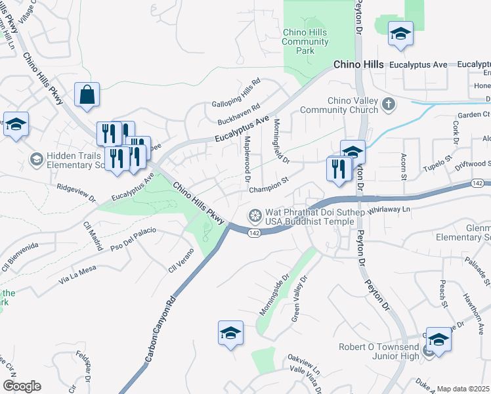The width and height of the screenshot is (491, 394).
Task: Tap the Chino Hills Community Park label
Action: tap(305, 41)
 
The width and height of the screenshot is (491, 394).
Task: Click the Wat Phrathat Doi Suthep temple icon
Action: tap(255, 215)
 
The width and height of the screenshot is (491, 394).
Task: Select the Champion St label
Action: tap(269, 188)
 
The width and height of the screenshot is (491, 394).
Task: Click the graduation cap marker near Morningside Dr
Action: tap(231, 333)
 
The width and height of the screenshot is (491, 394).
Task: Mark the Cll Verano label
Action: tap(182, 259)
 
